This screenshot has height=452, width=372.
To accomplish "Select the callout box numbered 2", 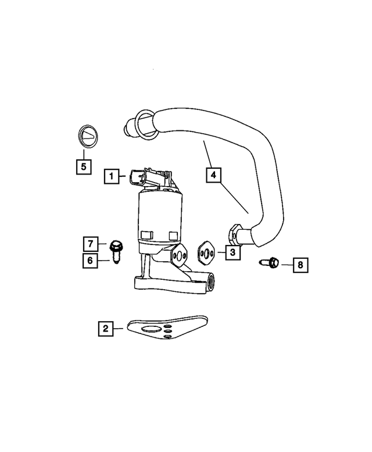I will [105, 329].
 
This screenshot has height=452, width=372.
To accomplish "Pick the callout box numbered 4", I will [213, 174].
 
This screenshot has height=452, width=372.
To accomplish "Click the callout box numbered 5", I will [84, 167].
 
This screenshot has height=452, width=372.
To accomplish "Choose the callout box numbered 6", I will [90, 261].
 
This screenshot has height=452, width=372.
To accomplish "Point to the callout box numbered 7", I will [90, 243].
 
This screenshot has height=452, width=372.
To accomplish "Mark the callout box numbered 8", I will [301, 265].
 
